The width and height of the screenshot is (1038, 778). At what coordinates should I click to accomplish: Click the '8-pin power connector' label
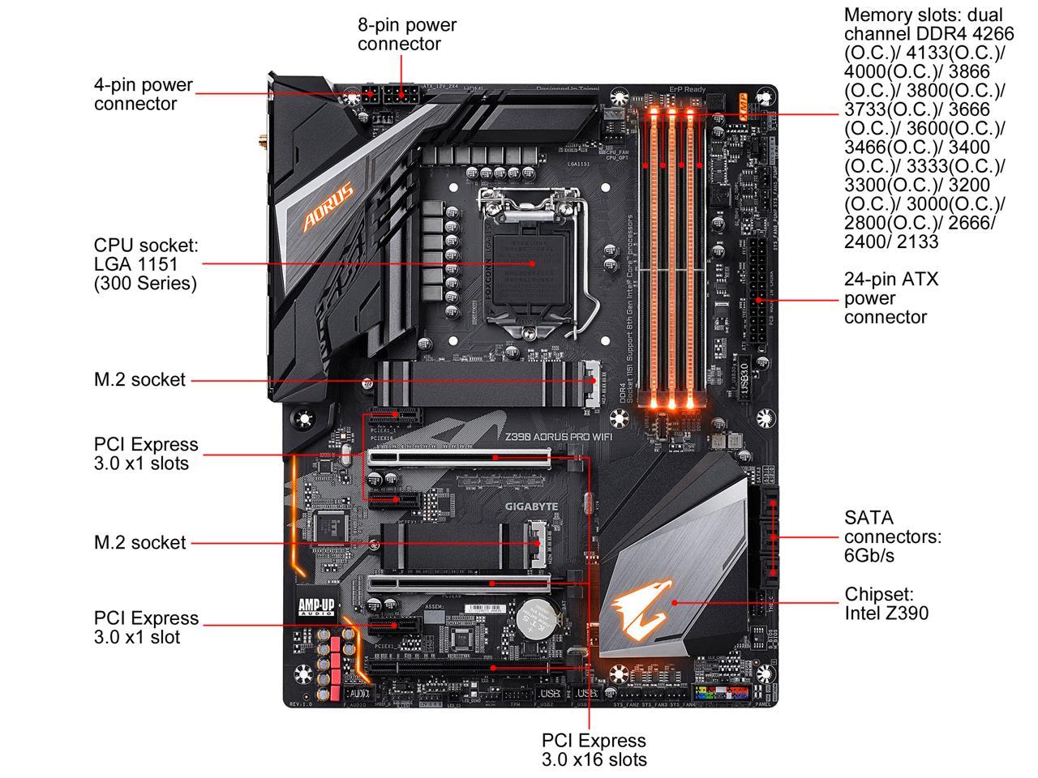pyautogui.click(x=406, y=34)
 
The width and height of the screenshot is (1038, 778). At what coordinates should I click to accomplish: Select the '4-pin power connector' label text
pyautogui.click(x=143, y=94)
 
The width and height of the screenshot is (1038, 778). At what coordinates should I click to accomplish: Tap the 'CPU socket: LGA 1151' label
pyautogui.click(x=145, y=264)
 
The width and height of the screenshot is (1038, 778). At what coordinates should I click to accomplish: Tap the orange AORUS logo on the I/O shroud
pyautogui.click(x=328, y=206)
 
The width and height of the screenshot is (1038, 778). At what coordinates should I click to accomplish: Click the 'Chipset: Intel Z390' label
pyautogui.click(x=886, y=604)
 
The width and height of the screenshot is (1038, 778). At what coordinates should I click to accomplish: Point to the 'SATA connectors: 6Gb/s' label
pyautogui.click(x=892, y=536)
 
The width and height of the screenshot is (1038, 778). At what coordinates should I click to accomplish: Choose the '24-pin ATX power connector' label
pyautogui.click(x=890, y=297)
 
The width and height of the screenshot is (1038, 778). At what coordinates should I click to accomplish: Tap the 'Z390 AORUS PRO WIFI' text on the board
pyautogui.click(x=559, y=436)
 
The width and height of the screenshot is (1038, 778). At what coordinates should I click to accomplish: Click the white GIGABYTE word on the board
pyautogui.click(x=532, y=507)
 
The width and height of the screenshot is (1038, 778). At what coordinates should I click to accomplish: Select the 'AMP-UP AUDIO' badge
pyautogui.click(x=316, y=607)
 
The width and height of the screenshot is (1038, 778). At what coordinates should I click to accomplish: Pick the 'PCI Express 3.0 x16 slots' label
pyautogui.click(x=594, y=750)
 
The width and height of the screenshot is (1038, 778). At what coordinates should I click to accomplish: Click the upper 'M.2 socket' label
pyautogui.click(x=139, y=380)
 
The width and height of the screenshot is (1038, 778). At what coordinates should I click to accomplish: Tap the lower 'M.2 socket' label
pyautogui.click(x=139, y=543)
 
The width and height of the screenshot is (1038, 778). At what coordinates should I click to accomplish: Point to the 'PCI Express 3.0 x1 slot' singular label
pyautogui.click(x=145, y=627)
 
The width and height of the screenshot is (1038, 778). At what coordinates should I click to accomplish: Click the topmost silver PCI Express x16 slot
pyautogui.click(x=458, y=457)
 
